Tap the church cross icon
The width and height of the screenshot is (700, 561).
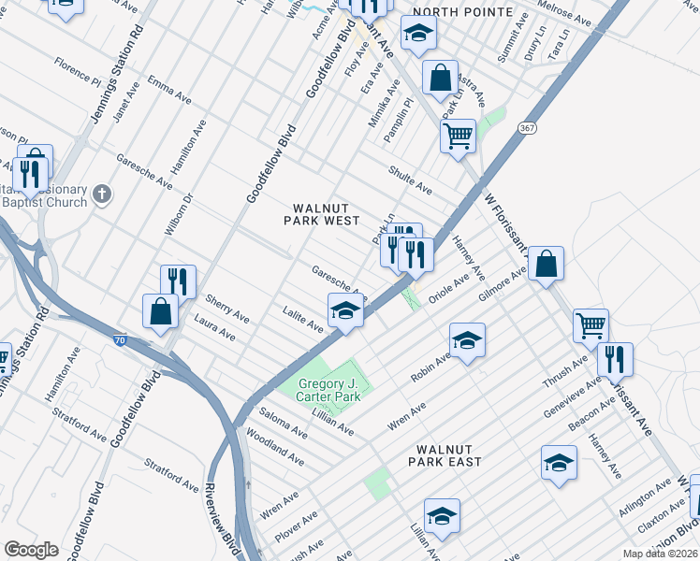click(103, 195)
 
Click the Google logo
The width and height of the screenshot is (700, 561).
click(31, 550)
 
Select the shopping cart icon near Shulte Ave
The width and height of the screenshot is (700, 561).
click(458, 136)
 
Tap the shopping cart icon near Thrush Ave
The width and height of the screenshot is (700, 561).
click(591, 325)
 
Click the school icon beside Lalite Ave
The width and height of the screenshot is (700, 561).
click(344, 310)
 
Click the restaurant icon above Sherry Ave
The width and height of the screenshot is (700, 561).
click(177, 280)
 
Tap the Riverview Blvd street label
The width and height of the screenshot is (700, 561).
click(230, 528)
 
